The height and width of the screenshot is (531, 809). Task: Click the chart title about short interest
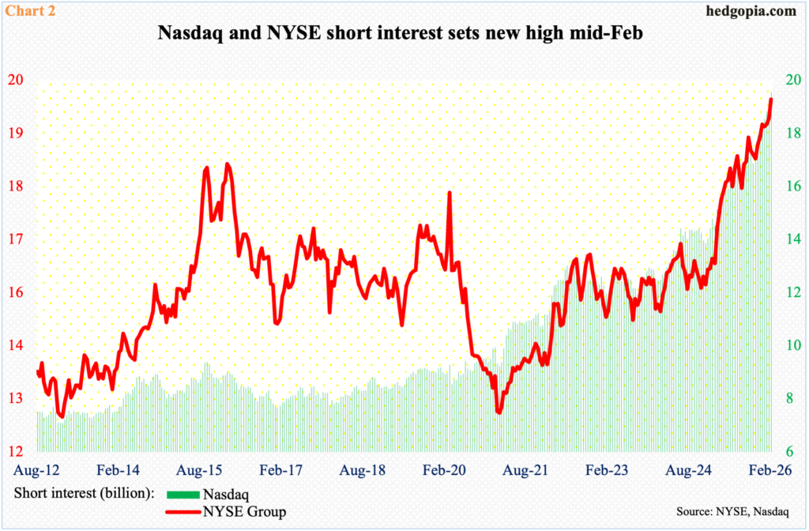(x=404, y=36)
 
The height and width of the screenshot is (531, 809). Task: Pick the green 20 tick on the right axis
(x=791, y=81)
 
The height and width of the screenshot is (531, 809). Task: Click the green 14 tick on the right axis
(x=791, y=239)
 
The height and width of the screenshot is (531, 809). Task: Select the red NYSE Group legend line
(x=183, y=512)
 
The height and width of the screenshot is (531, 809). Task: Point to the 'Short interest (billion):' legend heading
(x=83, y=495)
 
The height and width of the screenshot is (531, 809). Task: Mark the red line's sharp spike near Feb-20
(x=449, y=193)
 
